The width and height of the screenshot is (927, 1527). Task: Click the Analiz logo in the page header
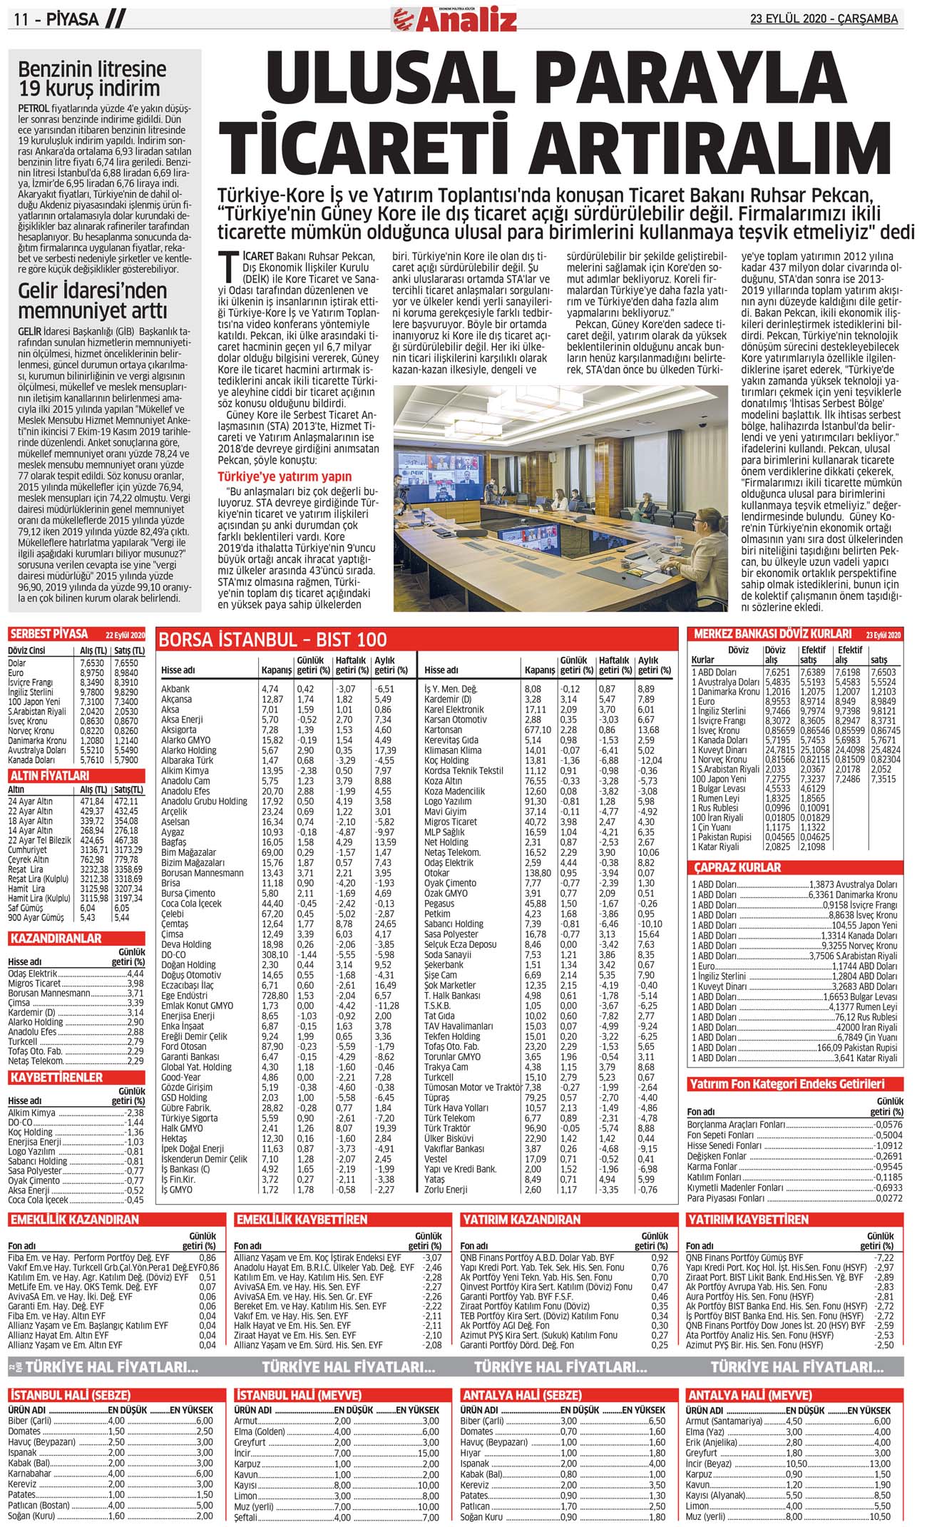[x=454, y=19]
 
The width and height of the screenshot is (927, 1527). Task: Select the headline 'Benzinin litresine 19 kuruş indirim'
[x=92, y=79]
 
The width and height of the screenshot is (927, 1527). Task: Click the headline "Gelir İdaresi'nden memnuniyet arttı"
[x=92, y=301]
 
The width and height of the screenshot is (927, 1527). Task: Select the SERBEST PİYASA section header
[x=48, y=634]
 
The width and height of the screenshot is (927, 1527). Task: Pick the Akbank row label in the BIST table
[x=175, y=689]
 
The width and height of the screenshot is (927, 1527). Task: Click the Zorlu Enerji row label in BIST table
[x=446, y=1189]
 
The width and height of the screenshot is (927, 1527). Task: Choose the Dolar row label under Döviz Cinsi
[x=16, y=663]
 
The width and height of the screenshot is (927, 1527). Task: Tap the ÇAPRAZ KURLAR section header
[x=737, y=867]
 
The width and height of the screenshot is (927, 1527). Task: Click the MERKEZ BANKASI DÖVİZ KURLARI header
[x=772, y=633]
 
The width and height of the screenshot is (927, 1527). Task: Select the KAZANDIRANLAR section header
[x=56, y=938]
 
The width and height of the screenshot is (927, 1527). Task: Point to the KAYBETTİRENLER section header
[x=56, y=1077]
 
